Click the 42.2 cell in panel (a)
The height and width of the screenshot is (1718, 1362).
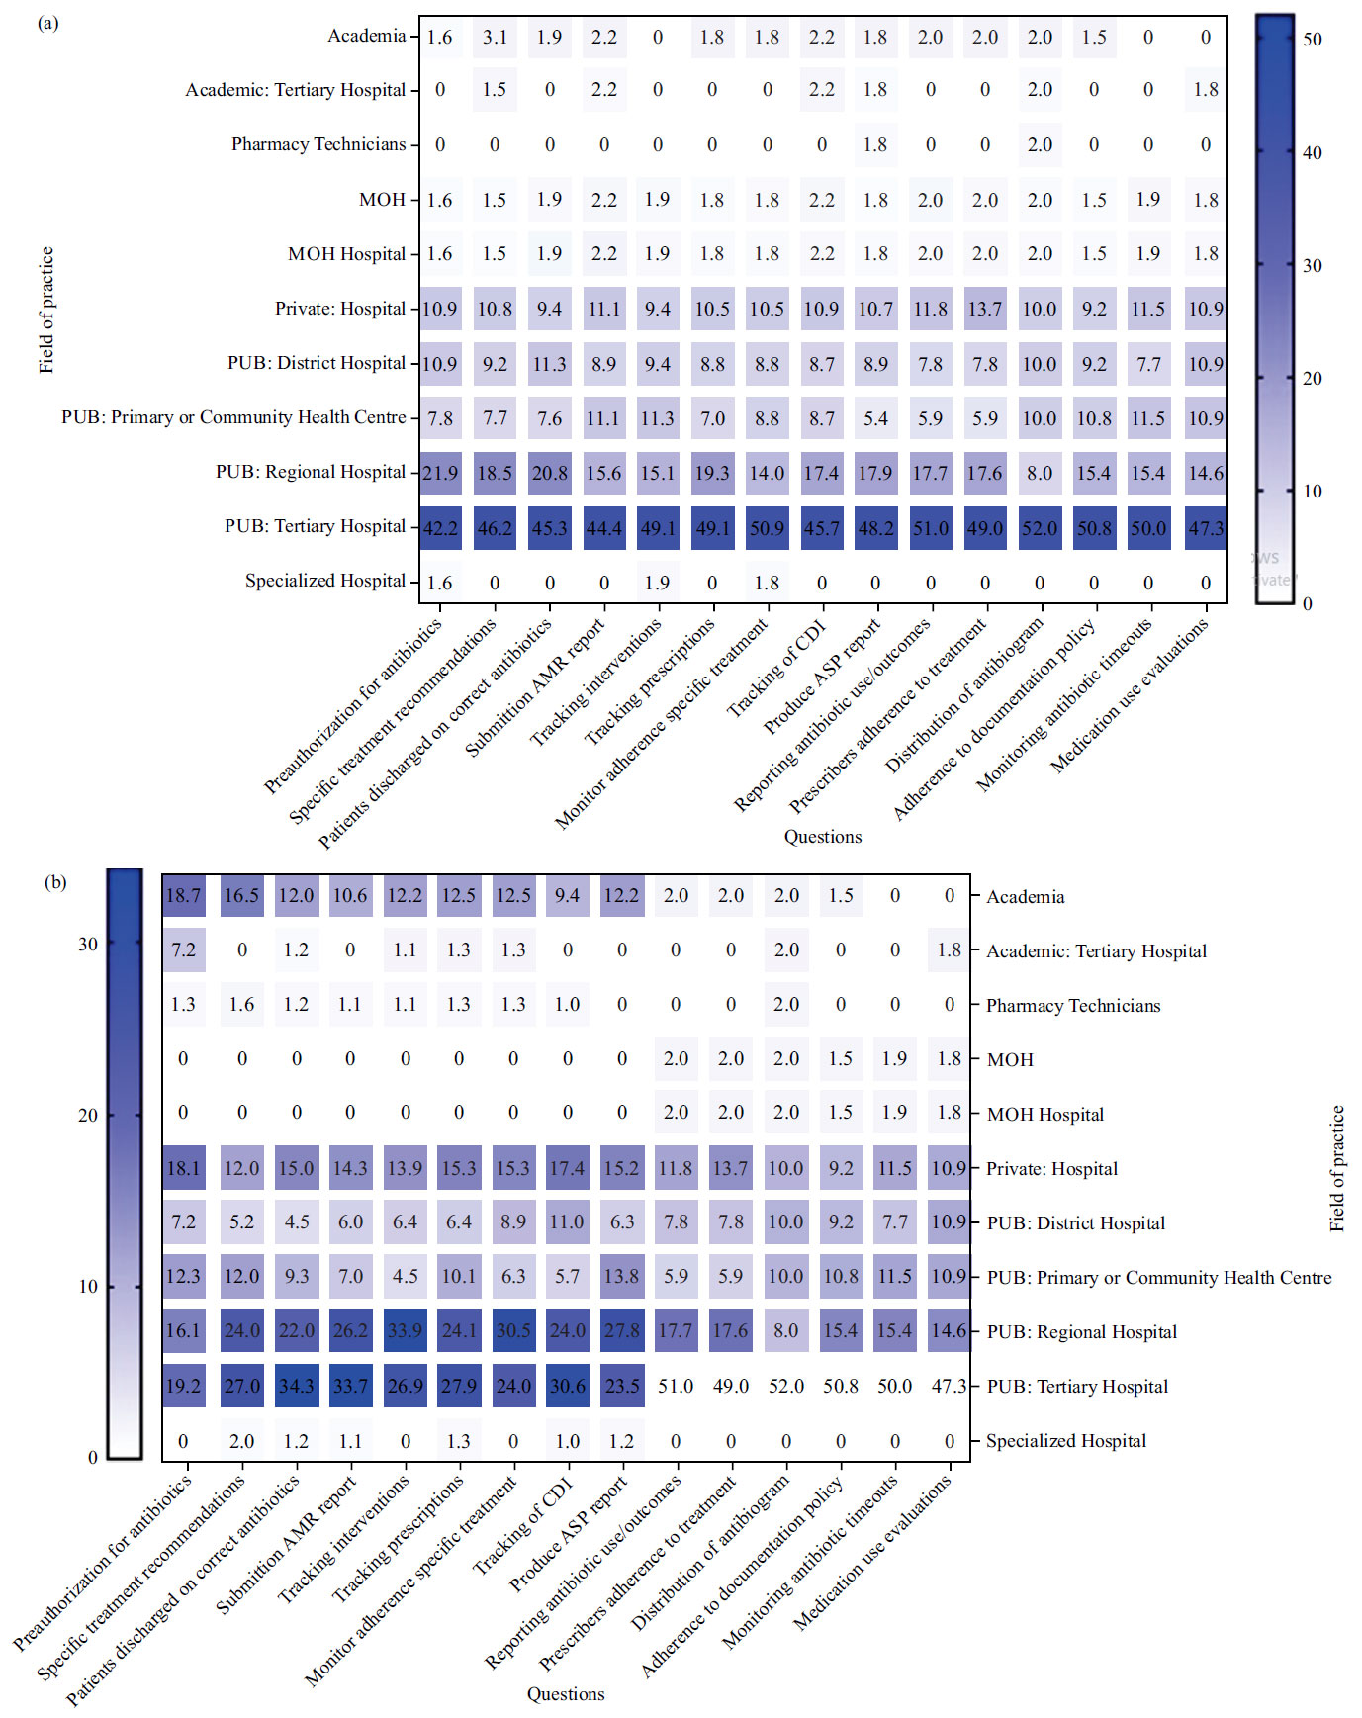click(x=440, y=528)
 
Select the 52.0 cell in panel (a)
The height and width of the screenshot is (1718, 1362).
click(x=1040, y=528)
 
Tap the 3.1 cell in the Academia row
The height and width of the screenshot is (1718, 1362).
click(x=495, y=37)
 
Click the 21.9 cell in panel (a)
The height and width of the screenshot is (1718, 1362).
click(x=440, y=473)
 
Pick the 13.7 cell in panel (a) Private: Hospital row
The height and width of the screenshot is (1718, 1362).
click(x=985, y=309)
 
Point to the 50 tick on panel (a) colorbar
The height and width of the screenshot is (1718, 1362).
click(x=1312, y=40)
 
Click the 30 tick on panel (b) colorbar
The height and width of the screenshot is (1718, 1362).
click(x=88, y=944)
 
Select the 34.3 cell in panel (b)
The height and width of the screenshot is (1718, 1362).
click(x=296, y=1386)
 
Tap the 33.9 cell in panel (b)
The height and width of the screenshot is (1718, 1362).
click(x=405, y=1331)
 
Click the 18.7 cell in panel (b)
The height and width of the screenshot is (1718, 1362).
click(x=183, y=895)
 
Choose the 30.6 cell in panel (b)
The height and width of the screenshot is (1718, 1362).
click(x=567, y=1386)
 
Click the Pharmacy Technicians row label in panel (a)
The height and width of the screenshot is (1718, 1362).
click(x=318, y=144)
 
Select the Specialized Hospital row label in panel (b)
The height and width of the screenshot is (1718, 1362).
click(x=1066, y=1441)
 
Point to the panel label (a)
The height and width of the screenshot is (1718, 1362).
click(x=47, y=23)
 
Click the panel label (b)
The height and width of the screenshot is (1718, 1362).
click(x=55, y=882)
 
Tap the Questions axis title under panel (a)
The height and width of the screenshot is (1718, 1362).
click(x=823, y=837)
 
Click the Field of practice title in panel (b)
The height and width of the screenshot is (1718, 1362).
click(x=1337, y=1168)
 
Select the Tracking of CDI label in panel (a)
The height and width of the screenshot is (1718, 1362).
click(x=777, y=669)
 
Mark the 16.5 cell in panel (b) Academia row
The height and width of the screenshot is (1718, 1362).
click(x=241, y=895)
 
